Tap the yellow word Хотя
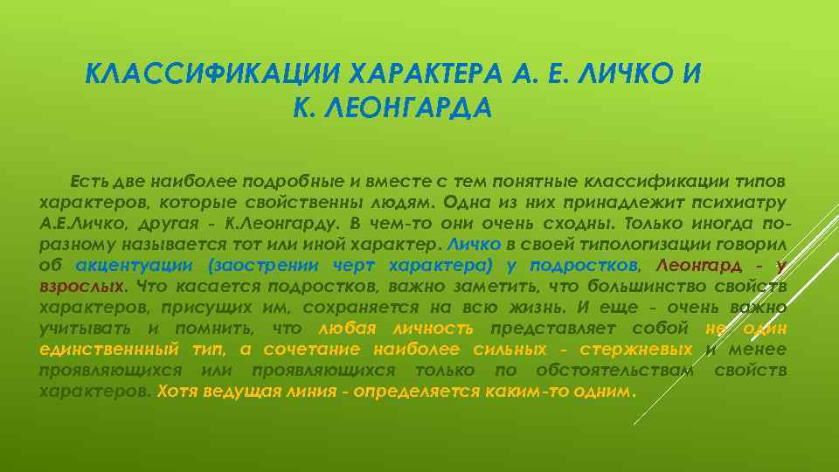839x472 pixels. pos(177,391)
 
